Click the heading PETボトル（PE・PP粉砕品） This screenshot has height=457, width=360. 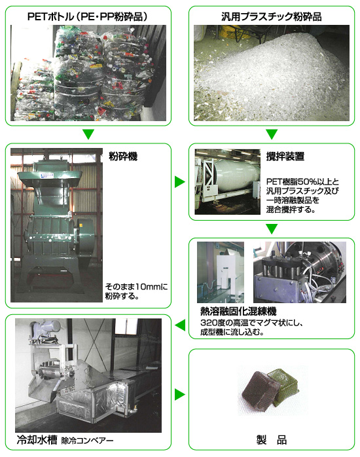tap(88, 16)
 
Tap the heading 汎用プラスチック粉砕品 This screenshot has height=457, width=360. tap(272, 16)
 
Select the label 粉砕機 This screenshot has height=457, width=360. tap(123, 156)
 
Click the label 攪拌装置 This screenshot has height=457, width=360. tap(285, 156)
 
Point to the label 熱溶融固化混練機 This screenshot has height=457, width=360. tap(238, 312)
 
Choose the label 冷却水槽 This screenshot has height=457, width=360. tap(37, 440)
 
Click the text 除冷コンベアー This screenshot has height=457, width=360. tap(87, 441)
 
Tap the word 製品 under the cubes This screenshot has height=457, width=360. tap(272, 440)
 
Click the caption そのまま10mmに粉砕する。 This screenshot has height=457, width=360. tap(136, 291)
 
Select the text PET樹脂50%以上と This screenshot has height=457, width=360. tap(302, 182)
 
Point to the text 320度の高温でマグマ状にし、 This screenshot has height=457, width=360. tap(252, 323)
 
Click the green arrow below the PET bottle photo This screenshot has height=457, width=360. tap(88, 134)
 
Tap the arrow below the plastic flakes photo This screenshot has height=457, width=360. tap(272, 134)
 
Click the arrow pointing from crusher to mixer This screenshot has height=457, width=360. tap(180, 182)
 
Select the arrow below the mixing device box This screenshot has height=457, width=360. tap(272, 229)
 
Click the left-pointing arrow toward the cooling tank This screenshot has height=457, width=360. tap(180, 325)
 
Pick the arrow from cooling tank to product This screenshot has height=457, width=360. tap(180, 394)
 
